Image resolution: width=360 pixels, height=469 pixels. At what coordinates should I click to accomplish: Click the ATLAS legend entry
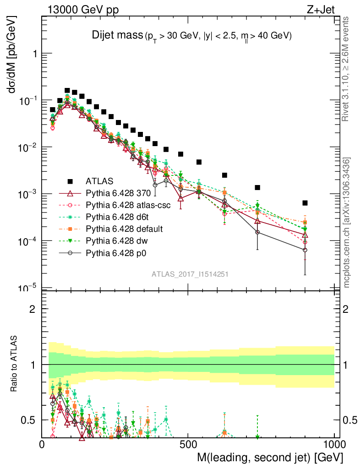98,180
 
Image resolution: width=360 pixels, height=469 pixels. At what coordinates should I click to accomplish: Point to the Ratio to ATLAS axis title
14,365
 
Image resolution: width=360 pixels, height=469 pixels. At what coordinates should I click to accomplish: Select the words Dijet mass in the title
118,35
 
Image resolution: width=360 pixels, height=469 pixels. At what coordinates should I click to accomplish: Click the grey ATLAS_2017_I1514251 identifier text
190,274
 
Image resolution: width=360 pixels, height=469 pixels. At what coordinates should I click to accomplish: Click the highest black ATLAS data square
67,91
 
